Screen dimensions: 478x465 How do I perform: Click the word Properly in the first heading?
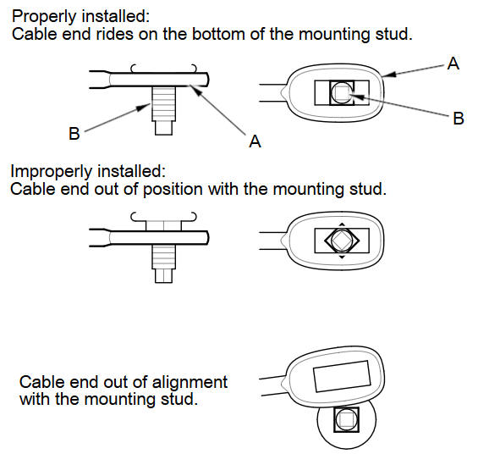pos(44,17)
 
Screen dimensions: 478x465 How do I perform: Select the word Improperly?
pos(50,172)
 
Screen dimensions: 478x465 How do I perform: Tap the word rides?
pos(114,34)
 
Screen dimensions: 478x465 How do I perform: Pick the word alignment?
pos(190,382)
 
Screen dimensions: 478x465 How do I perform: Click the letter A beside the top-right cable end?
pos(453,64)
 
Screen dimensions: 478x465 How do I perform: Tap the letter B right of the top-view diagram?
pos(459,119)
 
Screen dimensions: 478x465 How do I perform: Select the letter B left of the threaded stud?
pos(74,134)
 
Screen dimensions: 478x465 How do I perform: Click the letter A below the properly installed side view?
pos(255,141)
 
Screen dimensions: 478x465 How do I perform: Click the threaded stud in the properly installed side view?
pos(163,111)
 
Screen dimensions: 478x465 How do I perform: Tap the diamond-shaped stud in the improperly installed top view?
pos(342,241)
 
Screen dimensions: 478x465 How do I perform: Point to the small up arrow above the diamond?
pos(342,224)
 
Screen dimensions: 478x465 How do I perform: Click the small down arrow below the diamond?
pos(342,257)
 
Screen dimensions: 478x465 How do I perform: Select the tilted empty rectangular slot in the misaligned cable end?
pos(342,376)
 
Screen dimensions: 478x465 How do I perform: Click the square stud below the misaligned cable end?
pos(346,419)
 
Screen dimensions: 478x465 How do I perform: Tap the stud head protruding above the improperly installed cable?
pos(163,225)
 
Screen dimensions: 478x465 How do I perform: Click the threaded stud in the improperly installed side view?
pos(163,264)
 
